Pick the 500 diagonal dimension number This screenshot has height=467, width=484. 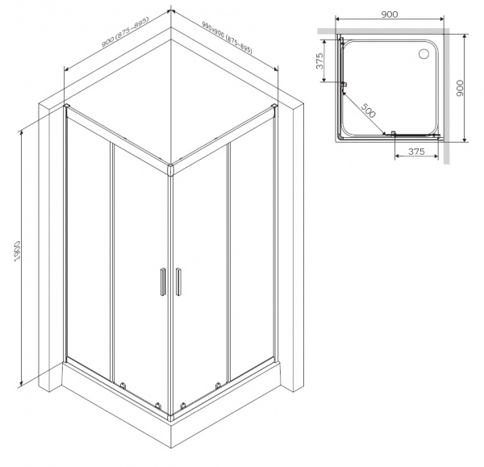(x=368, y=110)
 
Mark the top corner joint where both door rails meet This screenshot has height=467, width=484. (x=170, y=169)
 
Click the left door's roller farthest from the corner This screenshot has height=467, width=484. (x=123, y=385)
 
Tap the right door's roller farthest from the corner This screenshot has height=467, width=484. (x=218, y=385)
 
